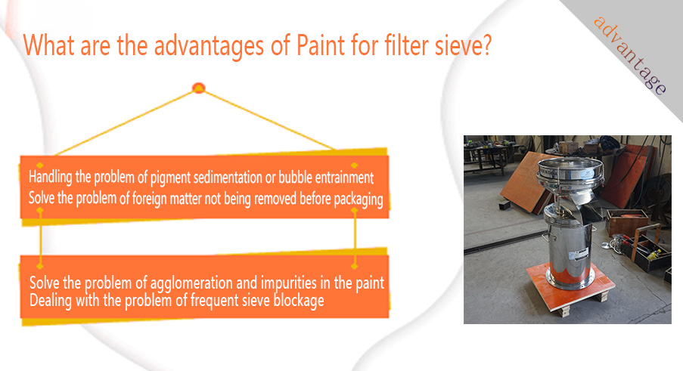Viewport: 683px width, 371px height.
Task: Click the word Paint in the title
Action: [321, 45]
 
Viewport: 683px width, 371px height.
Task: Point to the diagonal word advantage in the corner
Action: [630, 56]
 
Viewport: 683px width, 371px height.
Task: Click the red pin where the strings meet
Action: [199, 88]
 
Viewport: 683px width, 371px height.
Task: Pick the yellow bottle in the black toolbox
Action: [654, 255]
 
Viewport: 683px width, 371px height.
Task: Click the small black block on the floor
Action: [504, 204]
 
